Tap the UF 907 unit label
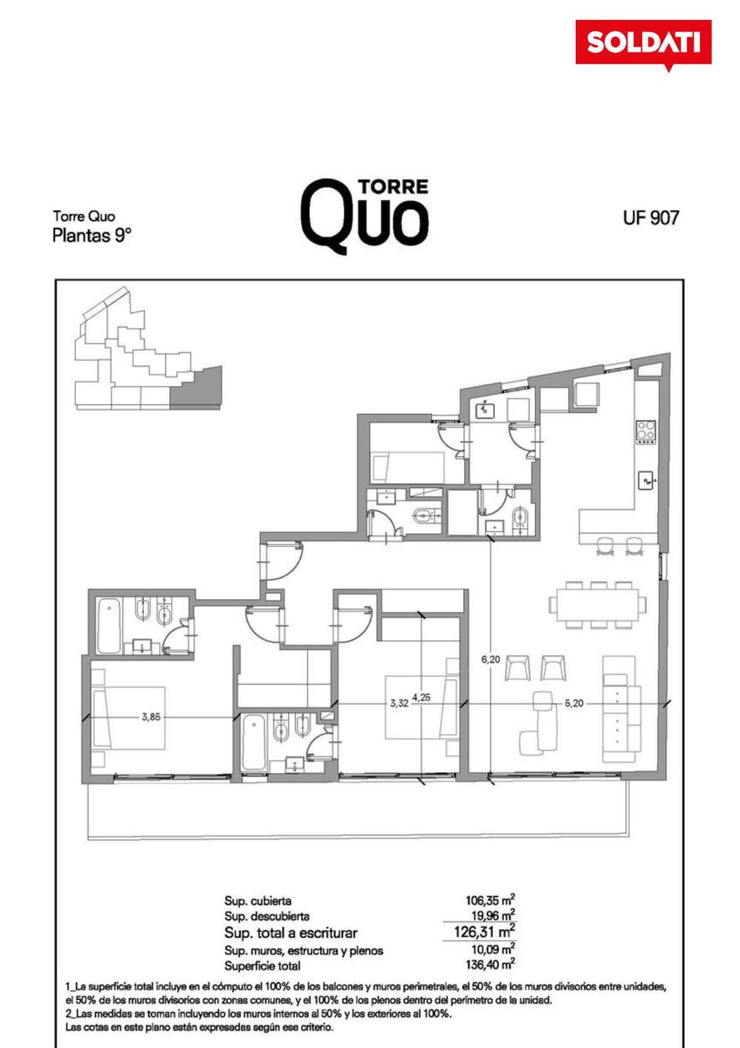pos(650,217)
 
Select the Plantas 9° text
pos(91,235)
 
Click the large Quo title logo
pos(365,217)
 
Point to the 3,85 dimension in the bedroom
pos(151,716)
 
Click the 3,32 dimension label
pos(399,703)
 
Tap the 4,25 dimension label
pos(421,698)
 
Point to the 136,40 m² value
pos(490,964)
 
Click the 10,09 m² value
pos(494,949)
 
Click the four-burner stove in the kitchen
pos(646,431)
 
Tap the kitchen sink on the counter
pos(647,480)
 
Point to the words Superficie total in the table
pos(263,965)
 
